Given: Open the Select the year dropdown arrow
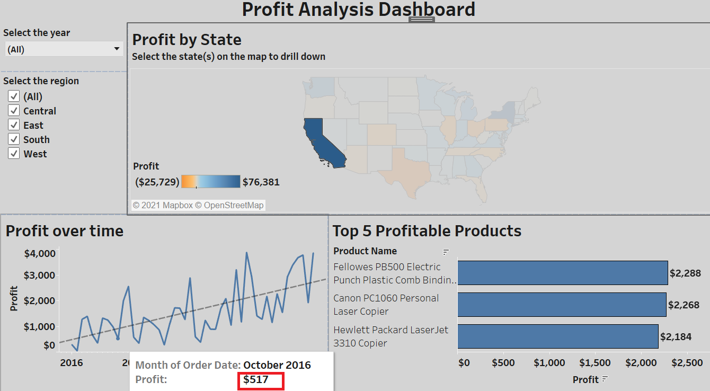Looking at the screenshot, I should tap(117, 49).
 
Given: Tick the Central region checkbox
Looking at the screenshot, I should tap(14, 111).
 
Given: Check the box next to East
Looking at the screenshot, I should tap(14, 125).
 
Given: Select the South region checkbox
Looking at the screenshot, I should tap(14, 139).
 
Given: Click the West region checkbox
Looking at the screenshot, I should tap(14, 154).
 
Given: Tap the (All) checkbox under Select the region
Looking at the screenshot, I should tap(14, 96).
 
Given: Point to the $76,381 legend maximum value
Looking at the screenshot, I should tap(261, 182).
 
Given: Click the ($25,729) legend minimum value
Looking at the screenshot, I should tap(157, 182).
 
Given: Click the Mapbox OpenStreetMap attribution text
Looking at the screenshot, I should tap(198, 205).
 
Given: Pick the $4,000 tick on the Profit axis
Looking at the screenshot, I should tap(40, 253).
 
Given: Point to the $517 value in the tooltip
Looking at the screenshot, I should tap(256, 379).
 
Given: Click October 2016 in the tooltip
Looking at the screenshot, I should tap(277, 365).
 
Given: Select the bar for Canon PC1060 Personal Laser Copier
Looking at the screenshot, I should tap(562, 305).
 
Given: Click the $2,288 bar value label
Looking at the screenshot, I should tap(685, 273).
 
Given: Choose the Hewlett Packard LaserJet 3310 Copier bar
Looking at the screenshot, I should tap(557, 336).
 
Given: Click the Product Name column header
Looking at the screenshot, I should tap(365, 251).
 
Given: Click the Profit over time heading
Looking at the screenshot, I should tap(65, 231).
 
